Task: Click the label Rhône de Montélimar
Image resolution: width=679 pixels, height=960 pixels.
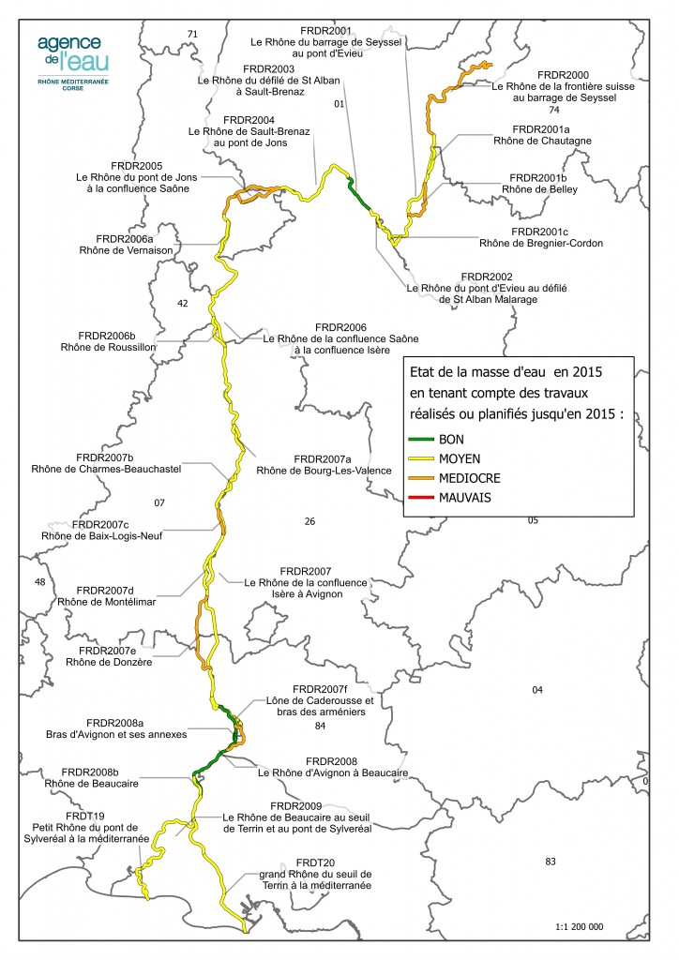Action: tap(106, 602)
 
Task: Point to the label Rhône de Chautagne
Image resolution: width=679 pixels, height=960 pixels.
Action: tap(536, 141)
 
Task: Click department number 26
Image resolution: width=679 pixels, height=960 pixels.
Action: tap(310, 520)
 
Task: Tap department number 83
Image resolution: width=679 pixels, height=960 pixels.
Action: tap(551, 861)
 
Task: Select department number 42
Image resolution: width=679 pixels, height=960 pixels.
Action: tap(183, 304)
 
